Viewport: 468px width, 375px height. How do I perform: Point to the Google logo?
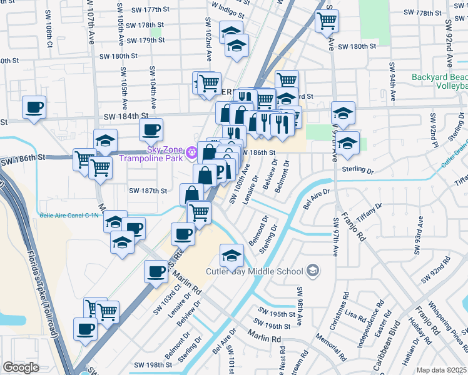[20, 367]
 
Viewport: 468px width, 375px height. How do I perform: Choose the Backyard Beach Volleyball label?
[439, 82]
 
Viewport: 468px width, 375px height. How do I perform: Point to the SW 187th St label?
[148, 191]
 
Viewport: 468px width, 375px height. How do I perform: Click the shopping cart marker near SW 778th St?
[326, 21]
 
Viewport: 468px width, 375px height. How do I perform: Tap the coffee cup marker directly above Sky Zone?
[151, 129]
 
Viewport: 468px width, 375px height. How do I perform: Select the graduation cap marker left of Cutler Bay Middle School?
[231, 255]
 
